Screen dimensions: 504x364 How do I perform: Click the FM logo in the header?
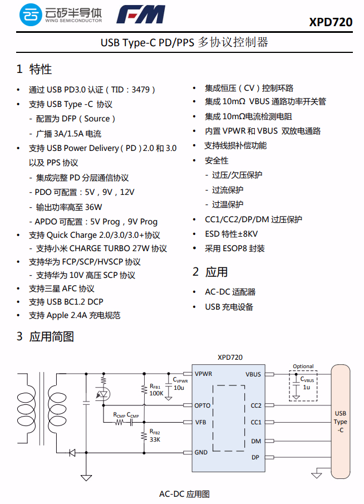pos(141,15)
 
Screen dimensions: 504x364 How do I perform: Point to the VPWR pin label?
pos(203,374)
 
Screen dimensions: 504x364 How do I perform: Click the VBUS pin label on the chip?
pos(253,374)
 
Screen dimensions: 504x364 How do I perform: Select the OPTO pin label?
pos(203,405)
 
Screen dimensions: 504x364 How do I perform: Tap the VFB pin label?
pos(200,422)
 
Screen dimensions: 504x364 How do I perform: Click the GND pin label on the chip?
pos(201,452)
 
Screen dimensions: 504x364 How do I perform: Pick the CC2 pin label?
pos(255,405)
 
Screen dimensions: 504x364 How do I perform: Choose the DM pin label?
pos(256,441)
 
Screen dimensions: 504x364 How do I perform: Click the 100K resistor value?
pos(156,393)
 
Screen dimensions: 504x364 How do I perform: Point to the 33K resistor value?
pos(154,439)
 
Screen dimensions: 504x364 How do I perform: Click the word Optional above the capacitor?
pos(303,366)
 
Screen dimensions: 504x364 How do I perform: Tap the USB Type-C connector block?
pos(341,421)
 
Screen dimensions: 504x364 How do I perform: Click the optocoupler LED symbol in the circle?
pos(103,394)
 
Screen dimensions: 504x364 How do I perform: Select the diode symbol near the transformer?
pos(72,452)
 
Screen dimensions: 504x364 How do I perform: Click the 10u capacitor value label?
pos(179,388)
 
